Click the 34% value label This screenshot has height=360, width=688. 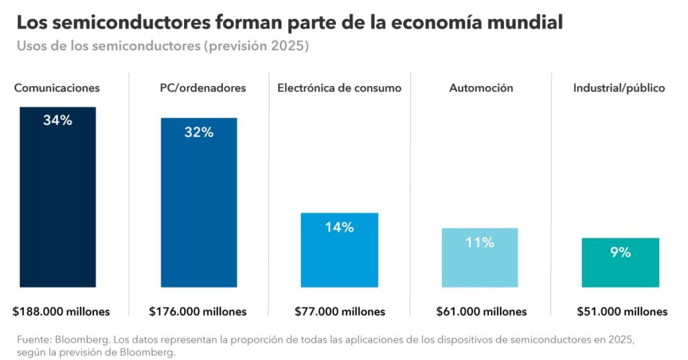coord(58,121)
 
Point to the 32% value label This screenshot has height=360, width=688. coord(198,132)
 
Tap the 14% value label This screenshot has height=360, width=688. coord(339,227)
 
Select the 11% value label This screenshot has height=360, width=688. coord(480,242)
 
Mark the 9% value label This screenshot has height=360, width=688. coord(620,253)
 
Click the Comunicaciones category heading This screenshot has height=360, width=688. coord(57,88)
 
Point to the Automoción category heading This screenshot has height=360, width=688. coord(481,88)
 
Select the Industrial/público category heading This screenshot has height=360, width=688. coord(619,88)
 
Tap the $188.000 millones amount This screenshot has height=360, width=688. coord(61,312)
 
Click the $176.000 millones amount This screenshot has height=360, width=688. coord(198,312)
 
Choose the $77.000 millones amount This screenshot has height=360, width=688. coord(340,312)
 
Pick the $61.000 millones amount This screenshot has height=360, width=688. coord(481,312)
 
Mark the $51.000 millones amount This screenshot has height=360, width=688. coord(622,312)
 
